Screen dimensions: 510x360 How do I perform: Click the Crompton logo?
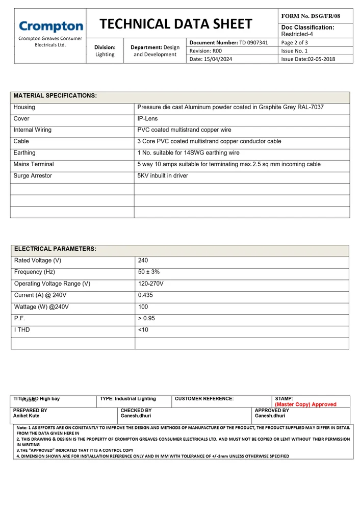[x=50, y=27]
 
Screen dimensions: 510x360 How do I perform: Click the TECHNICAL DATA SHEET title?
[x=176, y=24]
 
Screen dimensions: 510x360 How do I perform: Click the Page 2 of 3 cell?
[x=295, y=42]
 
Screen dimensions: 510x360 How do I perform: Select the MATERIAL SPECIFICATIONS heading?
[x=55, y=96]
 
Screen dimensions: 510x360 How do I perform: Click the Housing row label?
[x=24, y=108]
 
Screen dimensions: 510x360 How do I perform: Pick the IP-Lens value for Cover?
[x=148, y=119]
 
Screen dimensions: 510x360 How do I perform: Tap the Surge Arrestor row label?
[x=33, y=176]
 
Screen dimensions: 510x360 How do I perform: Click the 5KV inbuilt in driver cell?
[x=163, y=176]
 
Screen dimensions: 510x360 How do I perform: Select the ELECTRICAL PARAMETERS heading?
[x=55, y=249]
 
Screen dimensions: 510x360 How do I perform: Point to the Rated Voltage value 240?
[x=143, y=261]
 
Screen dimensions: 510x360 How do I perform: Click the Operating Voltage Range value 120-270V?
[x=151, y=284]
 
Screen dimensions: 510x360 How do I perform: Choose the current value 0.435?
[x=146, y=295]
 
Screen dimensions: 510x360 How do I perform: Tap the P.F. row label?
[x=20, y=319]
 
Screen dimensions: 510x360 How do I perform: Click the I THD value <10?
[x=143, y=330]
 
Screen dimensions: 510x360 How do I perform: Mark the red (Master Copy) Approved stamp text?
[x=305, y=404]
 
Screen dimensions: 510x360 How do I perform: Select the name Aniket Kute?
[x=26, y=416]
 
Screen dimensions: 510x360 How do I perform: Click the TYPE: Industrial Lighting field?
[x=128, y=399]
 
